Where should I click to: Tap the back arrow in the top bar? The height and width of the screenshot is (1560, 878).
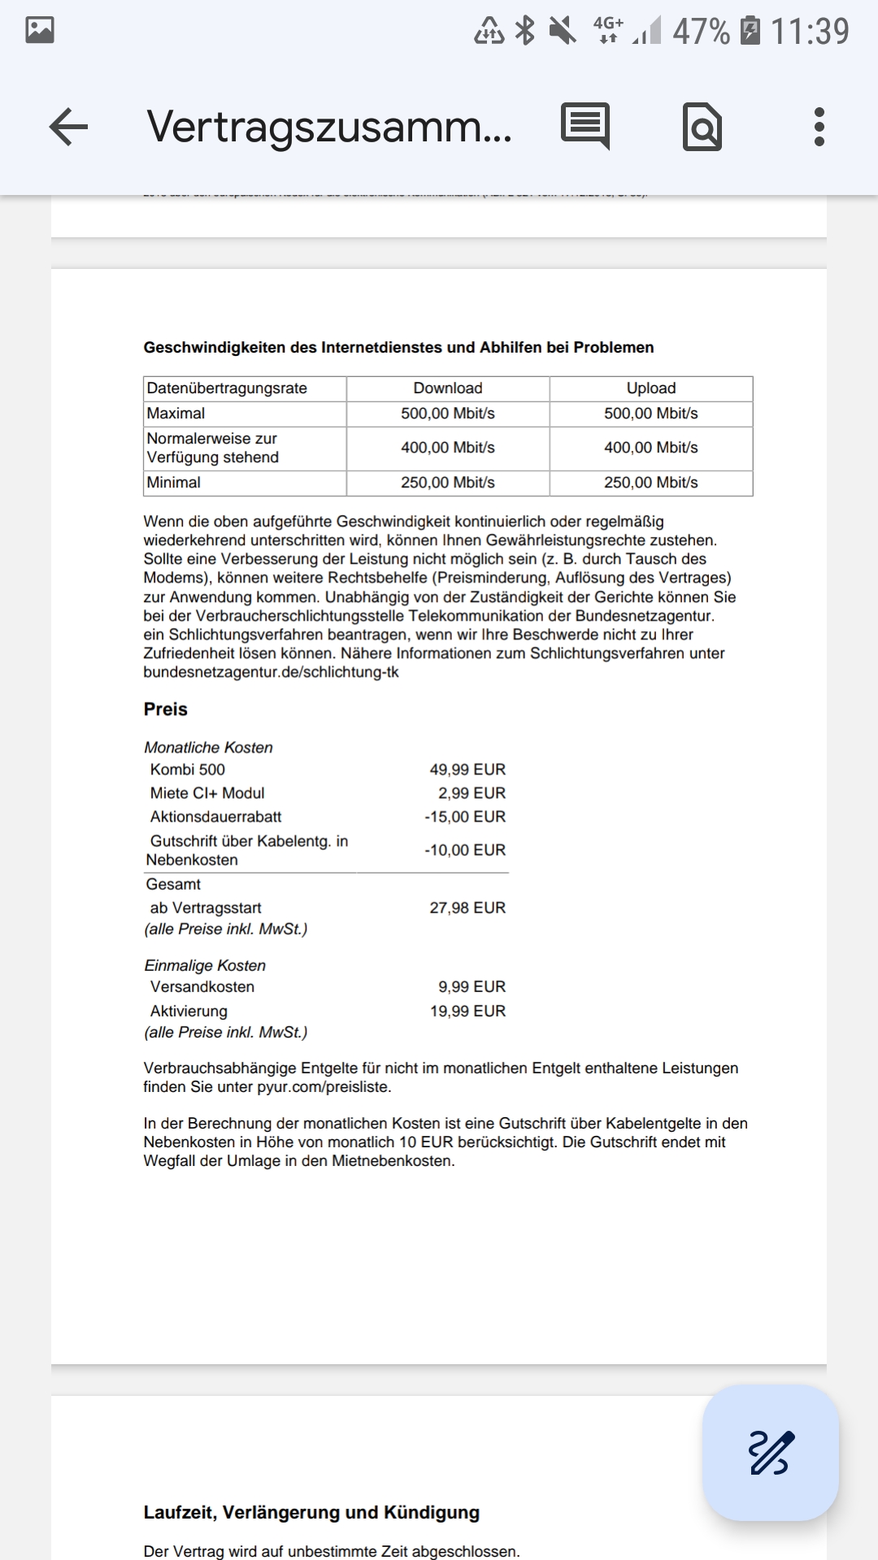[x=68, y=128]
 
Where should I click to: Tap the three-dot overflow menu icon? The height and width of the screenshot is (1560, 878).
[x=819, y=128]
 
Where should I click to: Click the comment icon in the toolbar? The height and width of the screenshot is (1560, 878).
[x=585, y=126]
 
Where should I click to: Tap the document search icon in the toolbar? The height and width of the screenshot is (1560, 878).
[x=702, y=128]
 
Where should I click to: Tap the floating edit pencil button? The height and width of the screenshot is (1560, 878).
[x=770, y=1453]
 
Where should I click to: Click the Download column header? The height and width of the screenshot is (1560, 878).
[x=448, y=388]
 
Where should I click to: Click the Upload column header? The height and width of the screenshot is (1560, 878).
[x=651, y=388]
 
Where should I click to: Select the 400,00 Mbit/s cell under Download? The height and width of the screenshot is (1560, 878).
[x=448, y=448]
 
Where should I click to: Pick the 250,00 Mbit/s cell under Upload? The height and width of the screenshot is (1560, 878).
[x=651, y=483]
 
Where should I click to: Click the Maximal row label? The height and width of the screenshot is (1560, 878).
[x=176, y=414]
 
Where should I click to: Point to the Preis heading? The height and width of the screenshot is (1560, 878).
[x=166, y=709]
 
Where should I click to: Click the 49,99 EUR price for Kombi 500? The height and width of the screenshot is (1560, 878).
[x=467, y=769]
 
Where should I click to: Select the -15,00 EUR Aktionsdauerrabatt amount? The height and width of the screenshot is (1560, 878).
[x=465, y=817]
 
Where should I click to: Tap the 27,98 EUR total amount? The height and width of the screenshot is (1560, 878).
[x=467, y=908]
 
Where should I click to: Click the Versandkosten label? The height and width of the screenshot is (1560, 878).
[x=202, y=986]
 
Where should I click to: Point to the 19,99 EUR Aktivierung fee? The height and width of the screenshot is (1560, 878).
[x=467, y=1011]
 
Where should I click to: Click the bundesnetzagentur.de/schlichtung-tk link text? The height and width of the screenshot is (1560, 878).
[x=271, y=672]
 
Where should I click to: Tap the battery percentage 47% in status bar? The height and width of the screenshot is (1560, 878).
[x=701, y=32]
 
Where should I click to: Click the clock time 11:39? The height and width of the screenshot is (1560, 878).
[x=810, y=32]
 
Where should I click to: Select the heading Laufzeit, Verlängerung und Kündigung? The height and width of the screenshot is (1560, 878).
[x=311, y=1512]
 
